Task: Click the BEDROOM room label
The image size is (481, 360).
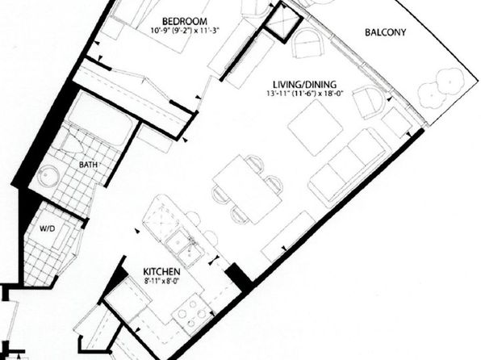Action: pyautogui.click(x=184, y=22)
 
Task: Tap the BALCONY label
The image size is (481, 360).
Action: pyautogui.click(x=385, y=32)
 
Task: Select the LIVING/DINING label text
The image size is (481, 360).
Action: pyautogui.click(x=304, y=84)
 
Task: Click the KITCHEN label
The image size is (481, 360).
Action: pyautogui.click(x=161, y=271)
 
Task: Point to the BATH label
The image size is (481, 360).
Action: pyautogui.click(x=88, y=165)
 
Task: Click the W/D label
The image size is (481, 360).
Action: pyautogui.click(x=48, y=228)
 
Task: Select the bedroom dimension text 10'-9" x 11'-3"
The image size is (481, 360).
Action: pyautogui.click(x=186, y=31)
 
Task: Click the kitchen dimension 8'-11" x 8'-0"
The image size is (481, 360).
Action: pyautogui.click(x=161, y=280)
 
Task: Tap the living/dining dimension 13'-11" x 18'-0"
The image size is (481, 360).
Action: pyautogui.click(x=304, y=93)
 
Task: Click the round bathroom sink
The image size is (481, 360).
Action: pyautogui.click(x=48, y=176)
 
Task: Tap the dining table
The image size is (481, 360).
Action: pyautogui.click(x=247, y=190)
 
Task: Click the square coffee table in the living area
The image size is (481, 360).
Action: pyautogui.click(x=316, y=128)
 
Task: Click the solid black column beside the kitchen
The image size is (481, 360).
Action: pyautogui.click(x=239, y=277)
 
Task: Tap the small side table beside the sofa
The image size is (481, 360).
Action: pyautogui.click(x=396, y=122)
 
